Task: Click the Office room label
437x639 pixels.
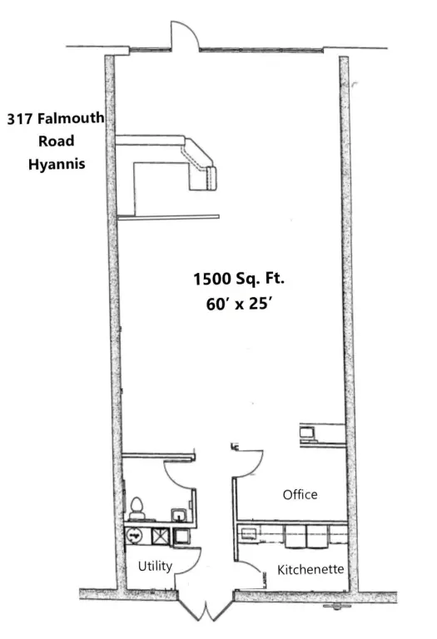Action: pyautogui.click(x=300, y=494)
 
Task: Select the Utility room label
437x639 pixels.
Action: pyautogui.click(x=155, y=567)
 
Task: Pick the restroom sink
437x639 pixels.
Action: pyautogui.click(x=179, y=514)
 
